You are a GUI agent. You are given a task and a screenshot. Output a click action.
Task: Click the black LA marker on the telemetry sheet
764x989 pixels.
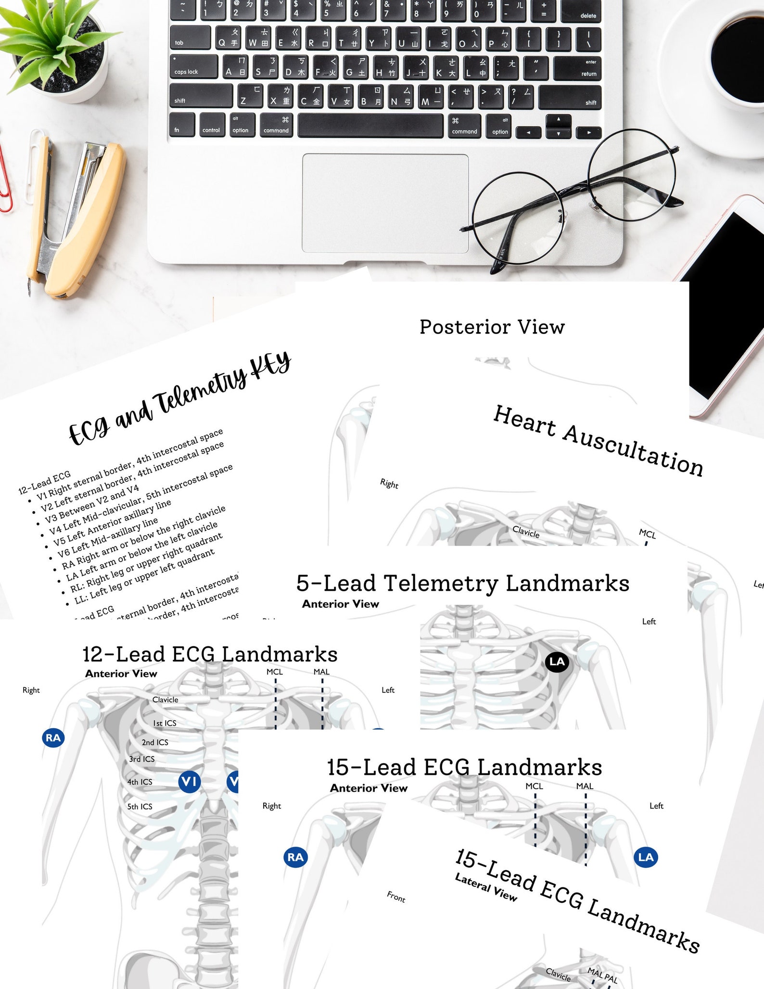[557, 662]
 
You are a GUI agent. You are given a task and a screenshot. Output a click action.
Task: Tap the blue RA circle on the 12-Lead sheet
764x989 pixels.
[53, 738]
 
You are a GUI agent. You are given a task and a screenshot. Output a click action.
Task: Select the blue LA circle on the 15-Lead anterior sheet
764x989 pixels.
[646, 857]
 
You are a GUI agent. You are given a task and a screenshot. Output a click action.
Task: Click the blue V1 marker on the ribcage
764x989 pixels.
[189, 781]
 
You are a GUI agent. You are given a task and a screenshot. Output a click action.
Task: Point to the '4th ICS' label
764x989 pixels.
[140, 782]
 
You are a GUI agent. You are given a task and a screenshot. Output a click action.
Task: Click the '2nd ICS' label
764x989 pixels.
[155, 743]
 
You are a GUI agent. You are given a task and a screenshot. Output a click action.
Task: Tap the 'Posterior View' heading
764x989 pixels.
[492, 327]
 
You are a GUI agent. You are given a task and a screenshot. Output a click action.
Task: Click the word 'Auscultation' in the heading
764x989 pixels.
[633, 450]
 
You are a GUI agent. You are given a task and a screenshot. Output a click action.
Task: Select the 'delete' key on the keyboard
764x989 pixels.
[581, 11]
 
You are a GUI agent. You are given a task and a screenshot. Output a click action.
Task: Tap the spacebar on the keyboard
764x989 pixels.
[370, 126]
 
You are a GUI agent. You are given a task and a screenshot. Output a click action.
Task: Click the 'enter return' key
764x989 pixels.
[577, 68]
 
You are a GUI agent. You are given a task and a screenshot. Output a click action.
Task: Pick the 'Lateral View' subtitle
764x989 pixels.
[485, 888]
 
